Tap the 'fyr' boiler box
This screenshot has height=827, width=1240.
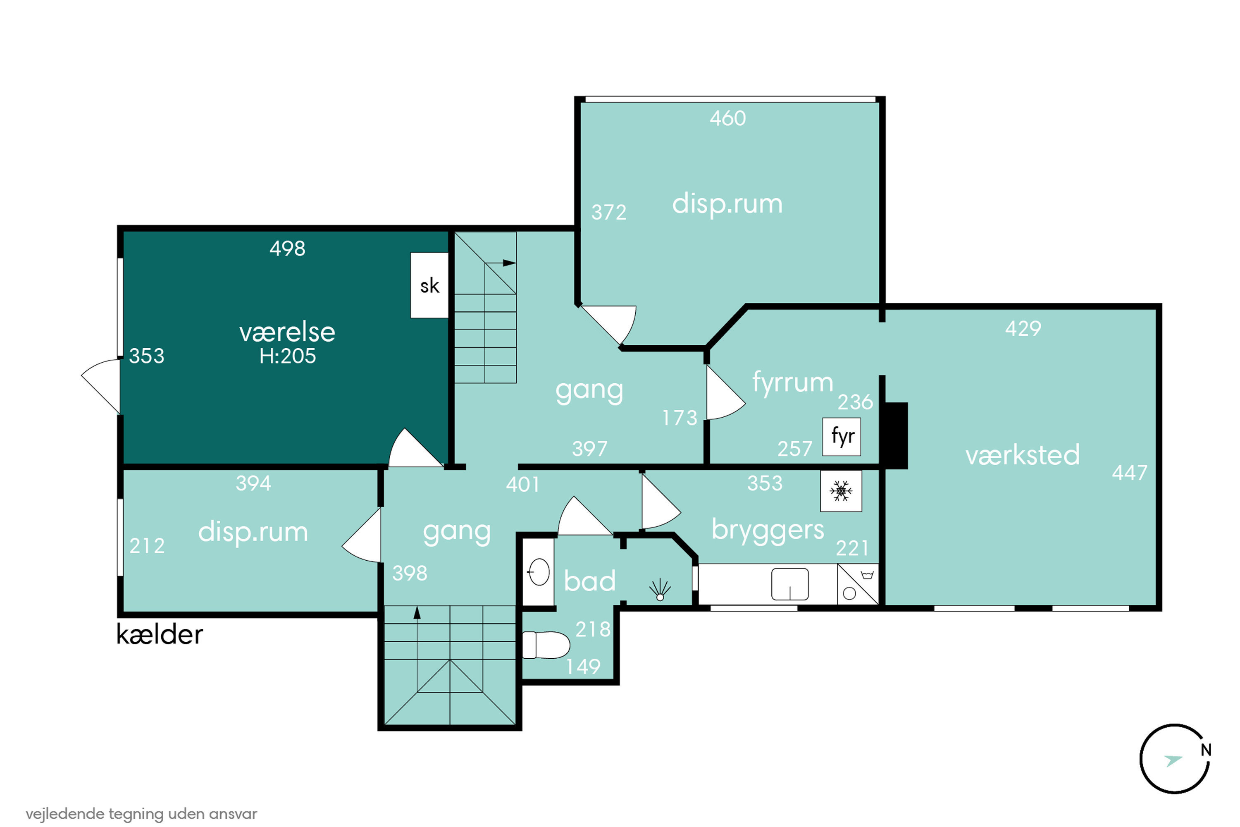[842, 437]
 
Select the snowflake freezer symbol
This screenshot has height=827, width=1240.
[841, 491]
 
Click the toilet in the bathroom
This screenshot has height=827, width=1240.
[546, 645]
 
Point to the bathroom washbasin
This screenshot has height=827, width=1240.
[538, 572]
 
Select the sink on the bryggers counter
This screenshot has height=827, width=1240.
[790, 584]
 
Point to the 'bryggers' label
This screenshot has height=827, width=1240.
[768, 530]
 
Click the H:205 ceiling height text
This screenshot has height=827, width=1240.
[287, 356]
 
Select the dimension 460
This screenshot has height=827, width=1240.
[727, 118]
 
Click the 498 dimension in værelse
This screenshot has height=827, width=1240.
[287, 249]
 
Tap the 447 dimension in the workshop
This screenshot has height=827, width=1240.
[1129, 473]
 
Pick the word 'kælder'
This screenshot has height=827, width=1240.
[159, 634]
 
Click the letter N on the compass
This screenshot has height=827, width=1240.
[1206, 750]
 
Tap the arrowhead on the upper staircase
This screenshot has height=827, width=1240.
[509, 263]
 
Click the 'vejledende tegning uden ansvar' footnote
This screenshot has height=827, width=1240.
[141, 814]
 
